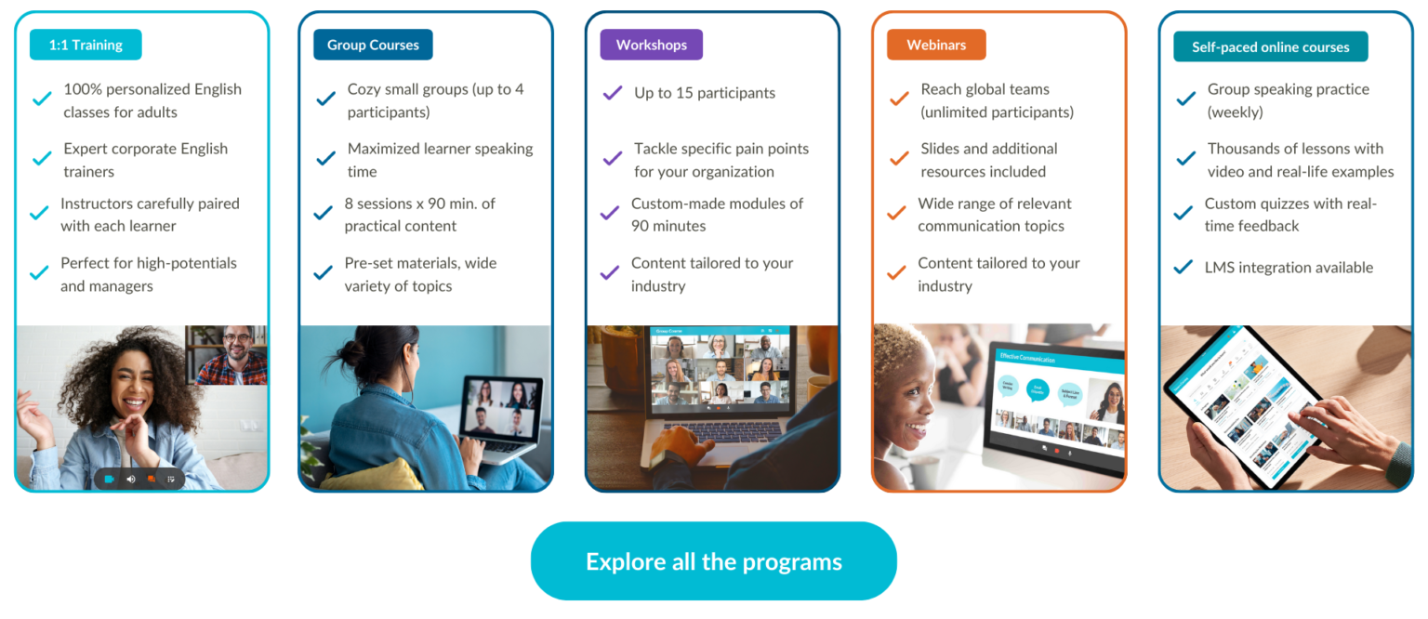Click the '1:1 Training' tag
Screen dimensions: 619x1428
[x=86, y=45]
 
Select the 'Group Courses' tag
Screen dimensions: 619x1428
[x=373, y=45]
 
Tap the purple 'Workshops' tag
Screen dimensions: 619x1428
[x=651, y=45]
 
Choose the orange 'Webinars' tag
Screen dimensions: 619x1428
[x=936, y=45]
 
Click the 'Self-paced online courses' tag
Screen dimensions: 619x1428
[x=1270, y=46]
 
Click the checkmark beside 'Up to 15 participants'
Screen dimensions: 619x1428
[x=613, y=93]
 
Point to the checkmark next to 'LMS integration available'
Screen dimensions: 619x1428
[x=1183, y=268]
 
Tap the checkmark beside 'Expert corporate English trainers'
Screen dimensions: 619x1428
[x=42, y=159]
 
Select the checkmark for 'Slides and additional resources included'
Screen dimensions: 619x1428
[x=899, y=159]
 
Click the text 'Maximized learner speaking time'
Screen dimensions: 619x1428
[x=439, y=160]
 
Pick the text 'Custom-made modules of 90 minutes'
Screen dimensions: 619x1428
[x=717, y=215]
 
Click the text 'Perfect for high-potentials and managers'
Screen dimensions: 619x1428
[x=149, y=274]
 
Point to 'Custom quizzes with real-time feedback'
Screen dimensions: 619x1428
[x=1289, y=215]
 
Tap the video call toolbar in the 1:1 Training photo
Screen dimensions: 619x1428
[x=139, y=479]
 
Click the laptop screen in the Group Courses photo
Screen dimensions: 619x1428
[x=500, y=409]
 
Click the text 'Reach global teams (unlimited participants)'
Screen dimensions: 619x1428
[x=997, y=100]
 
